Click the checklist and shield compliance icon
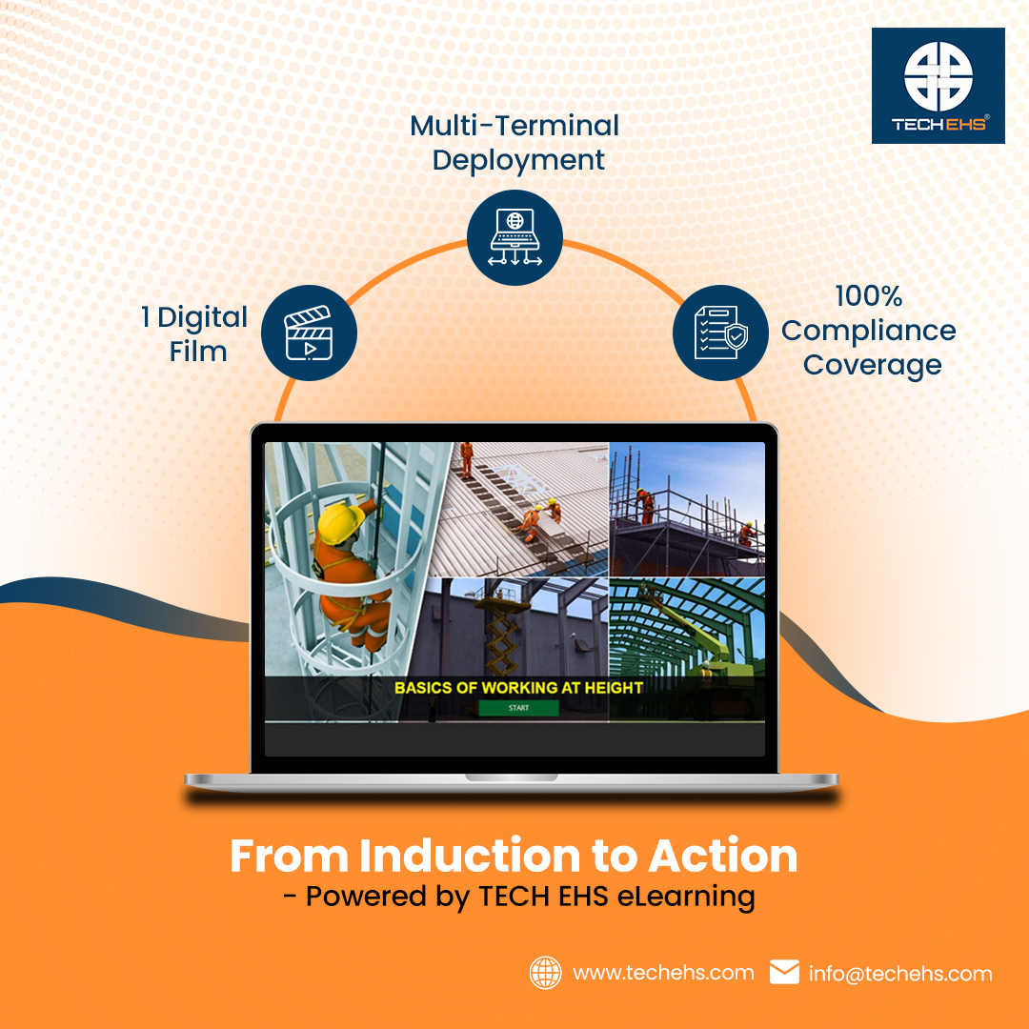(720, 333)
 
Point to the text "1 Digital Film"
(195, 333)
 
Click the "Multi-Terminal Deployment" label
(514, 142)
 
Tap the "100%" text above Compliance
(869, 296)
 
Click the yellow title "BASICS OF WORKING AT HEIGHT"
(518, 687)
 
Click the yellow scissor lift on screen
(504, 633)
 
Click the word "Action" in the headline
(722, 857)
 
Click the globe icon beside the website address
(545, 973)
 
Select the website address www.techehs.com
(663, 973)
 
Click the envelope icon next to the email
(784, 972)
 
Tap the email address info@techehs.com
(900, 973)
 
